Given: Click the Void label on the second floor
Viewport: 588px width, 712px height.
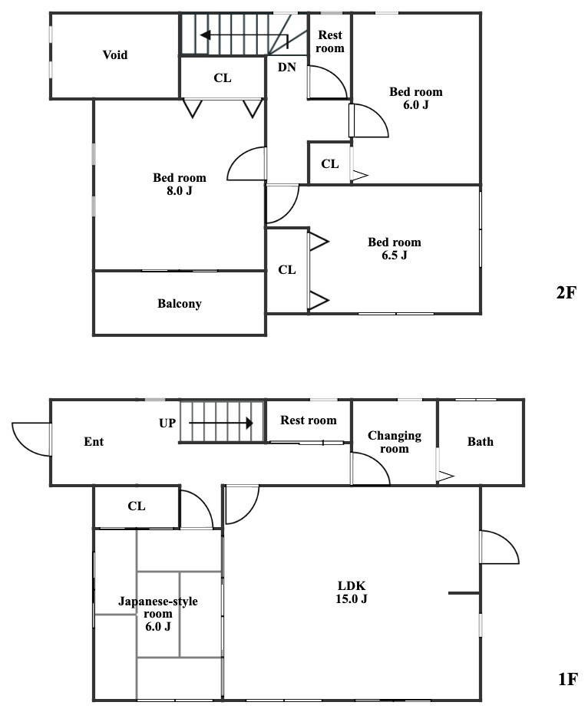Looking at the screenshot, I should pyautogui.click(x=115, y=55).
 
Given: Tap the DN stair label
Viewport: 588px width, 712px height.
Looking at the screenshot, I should pyautogui.click(x=286, y=68).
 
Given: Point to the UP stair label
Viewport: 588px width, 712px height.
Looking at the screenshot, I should pyautogui.click(x=168, y=423).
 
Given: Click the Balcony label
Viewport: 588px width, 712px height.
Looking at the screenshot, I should pyautogui.click(x=180, y=304).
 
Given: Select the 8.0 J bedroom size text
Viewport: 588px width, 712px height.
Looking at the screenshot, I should pyautogui.click(x=179, y=191).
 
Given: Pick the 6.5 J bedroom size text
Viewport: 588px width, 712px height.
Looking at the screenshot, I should pyautogui.click(x=394, y=255).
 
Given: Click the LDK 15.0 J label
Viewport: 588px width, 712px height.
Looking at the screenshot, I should pyautogui.click(x=352, y=592).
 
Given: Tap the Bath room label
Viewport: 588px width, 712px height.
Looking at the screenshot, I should pyautogui.click(x=481, y=442).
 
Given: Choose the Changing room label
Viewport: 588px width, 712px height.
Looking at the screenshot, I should pyautogui.click(x=395, y=442).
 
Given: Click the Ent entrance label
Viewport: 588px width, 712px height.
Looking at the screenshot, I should pyautogui.click(x=94, y=442).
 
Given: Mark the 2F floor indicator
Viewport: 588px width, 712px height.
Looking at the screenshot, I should pyautogui.click(x=566, y=292).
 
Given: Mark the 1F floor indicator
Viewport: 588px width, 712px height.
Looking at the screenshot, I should pyautogui.click(x=566, y=679).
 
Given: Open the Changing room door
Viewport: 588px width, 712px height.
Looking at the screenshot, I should pyautogui.click(x=369, y=467).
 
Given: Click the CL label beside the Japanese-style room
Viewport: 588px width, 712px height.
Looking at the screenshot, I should pyautogui.click(x=137, y=506).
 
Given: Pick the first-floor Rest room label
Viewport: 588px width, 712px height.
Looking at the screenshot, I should pyautogui.click(x=308, y=420).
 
